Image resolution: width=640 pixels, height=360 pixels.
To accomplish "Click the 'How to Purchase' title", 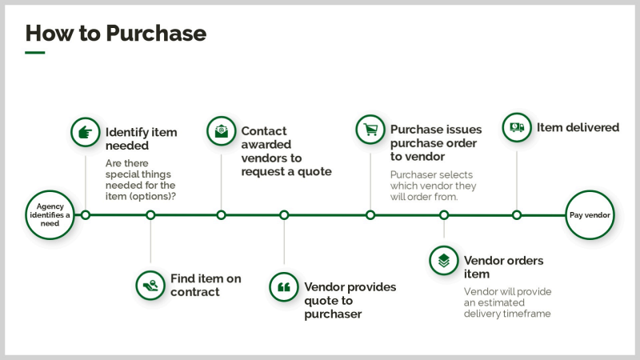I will coord(116,33).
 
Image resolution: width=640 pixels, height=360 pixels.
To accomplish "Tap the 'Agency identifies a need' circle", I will coord(50,214).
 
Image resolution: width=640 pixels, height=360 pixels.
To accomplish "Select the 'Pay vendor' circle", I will coord(590,214).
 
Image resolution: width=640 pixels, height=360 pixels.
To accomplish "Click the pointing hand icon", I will coord(85,132).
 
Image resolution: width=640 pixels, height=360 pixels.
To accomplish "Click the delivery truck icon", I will coord(517,127).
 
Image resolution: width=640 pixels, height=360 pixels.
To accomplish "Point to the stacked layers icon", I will coord(444,261).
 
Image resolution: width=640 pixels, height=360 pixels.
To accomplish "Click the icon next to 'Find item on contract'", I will coord(150,284).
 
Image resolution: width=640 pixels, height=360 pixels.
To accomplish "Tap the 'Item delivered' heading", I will coord(578,127).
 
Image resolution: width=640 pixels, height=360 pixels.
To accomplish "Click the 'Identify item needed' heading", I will coord(142,139).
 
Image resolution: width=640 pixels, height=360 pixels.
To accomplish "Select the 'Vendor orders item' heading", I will coord(504,268).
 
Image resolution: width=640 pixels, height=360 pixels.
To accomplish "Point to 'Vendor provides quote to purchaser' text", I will coord(350,300).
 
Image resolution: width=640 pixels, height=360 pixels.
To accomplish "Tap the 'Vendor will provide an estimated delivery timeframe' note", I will coord(507,302).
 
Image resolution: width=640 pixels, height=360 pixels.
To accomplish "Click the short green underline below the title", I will coord(34,53).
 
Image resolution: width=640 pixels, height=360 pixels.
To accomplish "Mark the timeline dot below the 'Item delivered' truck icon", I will coord(517,214).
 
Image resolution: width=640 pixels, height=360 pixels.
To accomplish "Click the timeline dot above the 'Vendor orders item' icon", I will coord(444,214).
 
